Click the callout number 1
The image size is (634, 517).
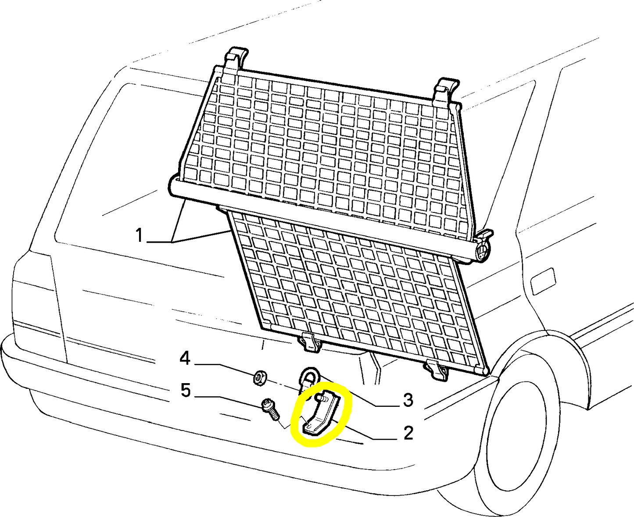[x=139, y=236]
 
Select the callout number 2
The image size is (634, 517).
[x=408, y=433]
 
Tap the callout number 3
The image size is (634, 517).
[x=408, y=400]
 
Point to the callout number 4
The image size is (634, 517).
[x=185, y=359]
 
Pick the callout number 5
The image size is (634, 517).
[x=186, y=390]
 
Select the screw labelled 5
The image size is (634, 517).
[x=269, y=409]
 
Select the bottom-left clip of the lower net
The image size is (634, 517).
[x=310, y=342]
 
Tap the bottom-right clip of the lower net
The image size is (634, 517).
[x=437, y=370]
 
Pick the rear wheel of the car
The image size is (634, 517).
[x=522, y=434]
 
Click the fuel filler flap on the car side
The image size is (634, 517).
[x=543, y=280]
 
